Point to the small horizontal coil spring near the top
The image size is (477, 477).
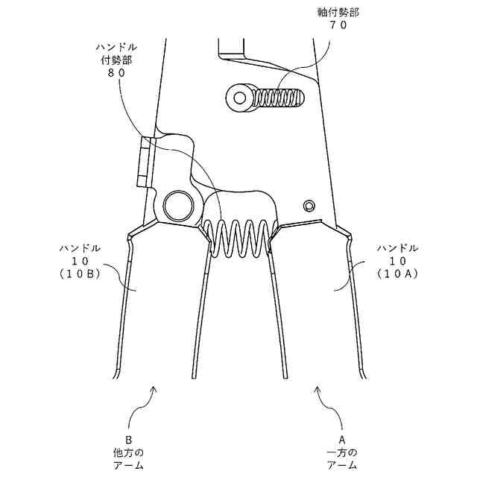[x=280, y=98]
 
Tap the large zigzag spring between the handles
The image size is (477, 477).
[x=237, y=238]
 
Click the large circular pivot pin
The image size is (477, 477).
[x=179, y=203]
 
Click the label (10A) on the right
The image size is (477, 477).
[x=397, y=274]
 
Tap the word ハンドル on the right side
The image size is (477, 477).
[x=397, y=247]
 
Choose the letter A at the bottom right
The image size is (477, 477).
[x=342, y=440]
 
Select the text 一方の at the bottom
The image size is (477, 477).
[x=342, y=452]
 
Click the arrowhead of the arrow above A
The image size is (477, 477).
[x=319, y=388]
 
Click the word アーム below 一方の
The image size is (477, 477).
[x=342, y=465]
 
